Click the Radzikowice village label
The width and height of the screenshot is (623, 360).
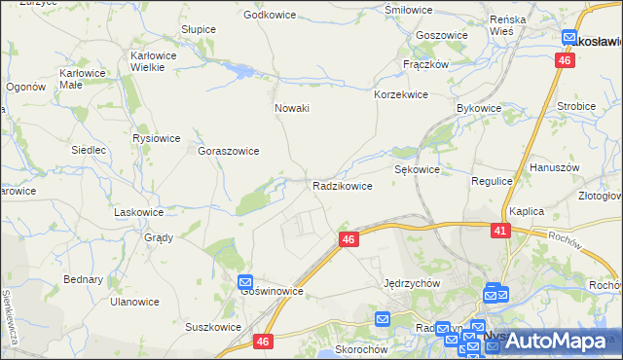pyautogui.click(x=342, y=186)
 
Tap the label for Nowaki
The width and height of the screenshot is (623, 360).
pyautogui.click(x=292, y=108)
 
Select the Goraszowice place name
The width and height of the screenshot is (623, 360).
pyautogui.click(x=229, y=152)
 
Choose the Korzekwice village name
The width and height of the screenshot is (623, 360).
pyautogui.click(x=401, y=95)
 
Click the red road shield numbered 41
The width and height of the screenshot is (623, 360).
pyautogui.click(x=500, y=231)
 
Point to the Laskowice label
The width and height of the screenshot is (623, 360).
pyautogui.click(x=138, y=211)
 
